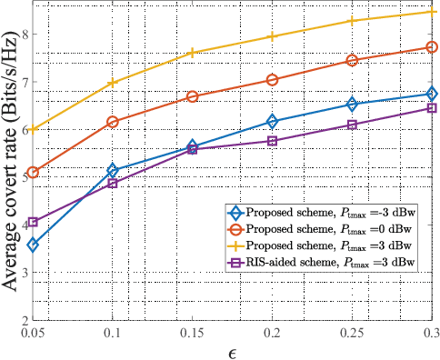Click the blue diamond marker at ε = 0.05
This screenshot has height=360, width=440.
33,245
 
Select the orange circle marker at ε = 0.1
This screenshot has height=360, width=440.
113,122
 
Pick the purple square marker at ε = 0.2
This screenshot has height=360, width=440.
272,141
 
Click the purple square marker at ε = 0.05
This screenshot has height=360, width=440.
33,222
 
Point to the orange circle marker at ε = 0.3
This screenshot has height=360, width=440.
431,47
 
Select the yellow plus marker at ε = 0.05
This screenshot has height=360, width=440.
33,129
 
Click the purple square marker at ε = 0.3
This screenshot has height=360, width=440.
431,108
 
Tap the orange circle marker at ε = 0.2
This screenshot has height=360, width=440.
272,80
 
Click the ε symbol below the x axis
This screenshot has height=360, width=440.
232,351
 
